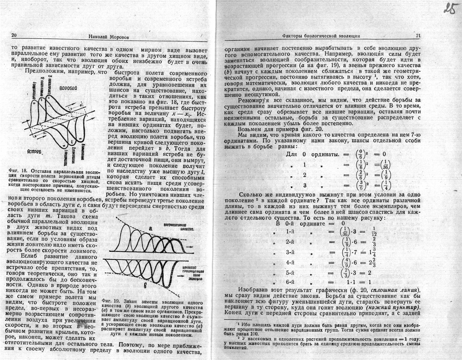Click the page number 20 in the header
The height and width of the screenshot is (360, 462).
pos(14,36)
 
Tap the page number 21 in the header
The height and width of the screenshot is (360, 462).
pos(418,36)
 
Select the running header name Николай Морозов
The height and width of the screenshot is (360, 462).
pos(109,37)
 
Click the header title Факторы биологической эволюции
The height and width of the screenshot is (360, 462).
pos(321,36)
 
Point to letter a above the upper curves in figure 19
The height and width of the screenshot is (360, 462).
pos(151,229)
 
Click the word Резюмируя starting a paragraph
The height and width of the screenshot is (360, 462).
pos(254,100)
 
